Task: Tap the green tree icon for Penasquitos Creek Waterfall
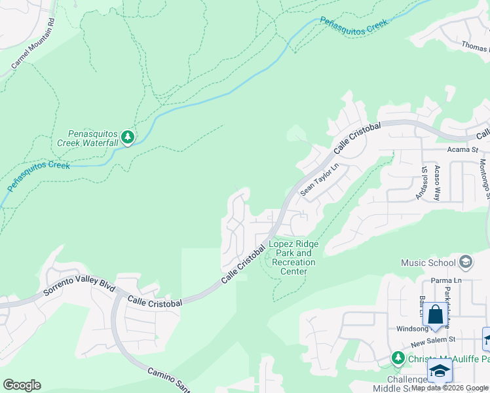[x=128, y=138]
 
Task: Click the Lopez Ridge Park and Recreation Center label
[x=293, y=257]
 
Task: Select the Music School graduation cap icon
[x=466, y=263]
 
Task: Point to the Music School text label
[x=428, y=263]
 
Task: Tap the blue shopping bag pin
[x=435, y=315]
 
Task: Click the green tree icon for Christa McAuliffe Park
[x=397, y=358]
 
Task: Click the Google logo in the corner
[x=22, y=385]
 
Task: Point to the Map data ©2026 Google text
[x=449, y=388]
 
